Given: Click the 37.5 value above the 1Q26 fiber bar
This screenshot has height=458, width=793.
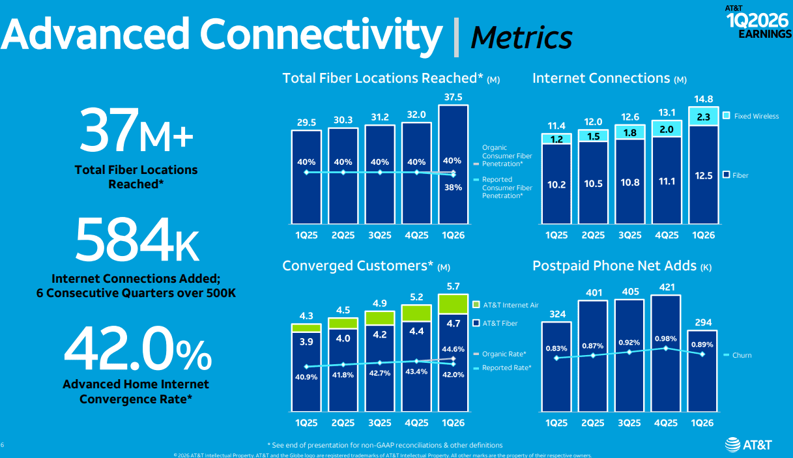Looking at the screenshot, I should coord(453,96).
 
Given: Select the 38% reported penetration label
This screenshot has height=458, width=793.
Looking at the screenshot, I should coord(453,187).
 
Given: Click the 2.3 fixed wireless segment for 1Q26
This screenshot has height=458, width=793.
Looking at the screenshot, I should coord(703,117).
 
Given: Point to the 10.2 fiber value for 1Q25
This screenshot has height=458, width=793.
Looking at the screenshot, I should coord(556,185).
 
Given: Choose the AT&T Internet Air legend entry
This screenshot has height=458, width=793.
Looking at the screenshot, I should coord(506,305).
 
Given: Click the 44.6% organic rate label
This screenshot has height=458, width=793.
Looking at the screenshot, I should coord(453,349).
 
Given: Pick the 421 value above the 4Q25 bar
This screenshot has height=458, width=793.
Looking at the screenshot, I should coord(665,287).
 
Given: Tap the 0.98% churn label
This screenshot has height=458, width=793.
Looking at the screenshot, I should coord(665,338).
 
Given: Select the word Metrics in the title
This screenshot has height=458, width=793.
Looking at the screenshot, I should coord(521,37).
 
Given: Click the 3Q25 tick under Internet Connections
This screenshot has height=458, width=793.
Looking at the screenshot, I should coord(629,235).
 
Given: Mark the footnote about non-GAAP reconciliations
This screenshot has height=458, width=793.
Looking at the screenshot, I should coord(384,444).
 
